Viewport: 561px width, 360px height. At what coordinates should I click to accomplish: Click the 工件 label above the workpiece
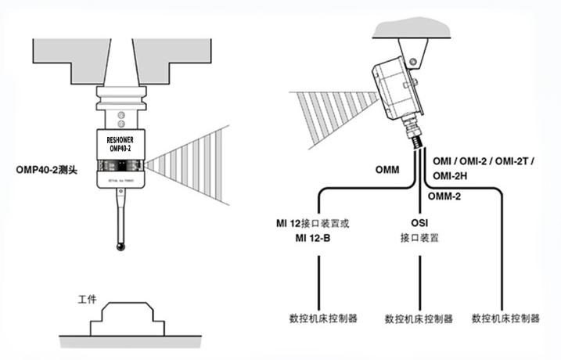click(87, 300)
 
